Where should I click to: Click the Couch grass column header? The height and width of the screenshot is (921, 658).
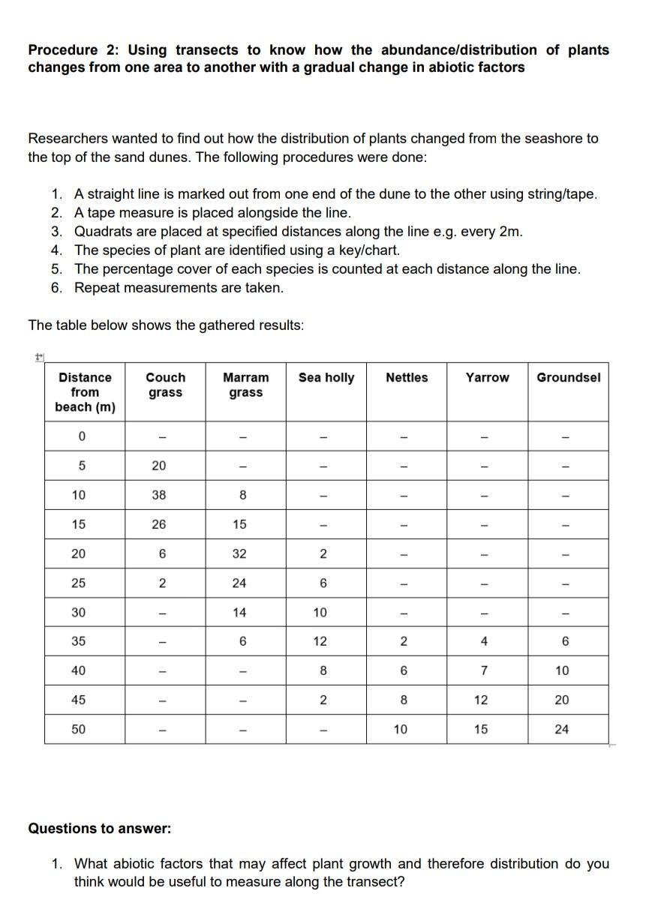(x=165, y=385)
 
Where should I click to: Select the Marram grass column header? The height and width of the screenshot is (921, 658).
(x=245, y=385)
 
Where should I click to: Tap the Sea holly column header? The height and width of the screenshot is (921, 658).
(x=326, y=377)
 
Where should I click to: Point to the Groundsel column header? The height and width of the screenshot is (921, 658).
(x=568, y=377)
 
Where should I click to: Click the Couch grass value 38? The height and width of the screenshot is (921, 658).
(x=159, y=495)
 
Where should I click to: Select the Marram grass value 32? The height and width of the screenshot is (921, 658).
(x=239, y=553)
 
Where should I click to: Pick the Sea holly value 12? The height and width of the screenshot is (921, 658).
(x=320, y=641)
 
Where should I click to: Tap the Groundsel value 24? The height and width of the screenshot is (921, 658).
(x=562, y=729)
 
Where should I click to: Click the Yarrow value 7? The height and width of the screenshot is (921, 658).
(x=484, y=670)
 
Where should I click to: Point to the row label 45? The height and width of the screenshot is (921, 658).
(x=78, y=700)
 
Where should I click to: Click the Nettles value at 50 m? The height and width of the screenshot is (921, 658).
(x=401, y=729)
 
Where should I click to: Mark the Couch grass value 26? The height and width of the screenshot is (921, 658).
(x=159, y=524)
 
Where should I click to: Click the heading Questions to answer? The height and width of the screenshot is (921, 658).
(x=100, y=829)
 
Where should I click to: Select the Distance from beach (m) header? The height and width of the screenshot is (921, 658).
(x=85, y=391)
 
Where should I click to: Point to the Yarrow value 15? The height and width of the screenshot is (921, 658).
(x=481, y=729)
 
